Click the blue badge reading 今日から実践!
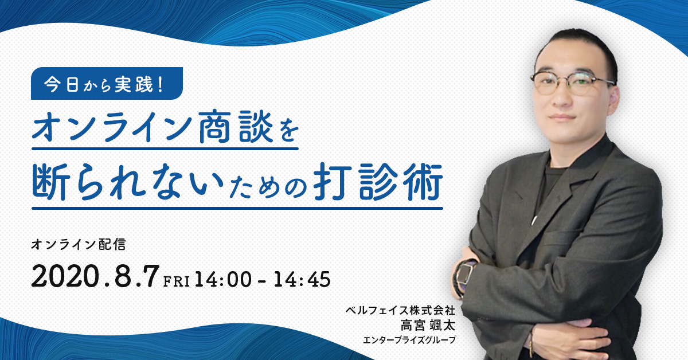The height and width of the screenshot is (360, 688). pyautogui.click(x=107, y=83)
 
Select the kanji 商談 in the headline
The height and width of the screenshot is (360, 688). pyautogui.click(x=236, y=127)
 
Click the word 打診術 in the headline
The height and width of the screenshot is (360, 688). pyautogui.click(x=378, y=182)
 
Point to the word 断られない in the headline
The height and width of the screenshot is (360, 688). pyautogui.click(x=128, y=182)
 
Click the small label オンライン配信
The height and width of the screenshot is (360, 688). pyautogui.click(x=79, y=245)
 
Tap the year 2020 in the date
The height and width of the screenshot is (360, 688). pyautogui.click(x=65, y=276)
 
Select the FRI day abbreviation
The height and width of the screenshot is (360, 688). pyautogui.click(x=177, y=281)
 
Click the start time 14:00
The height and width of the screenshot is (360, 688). pyautogui.click(x=223, y=280)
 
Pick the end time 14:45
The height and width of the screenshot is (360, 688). pyautogui.click(x=302, y=280)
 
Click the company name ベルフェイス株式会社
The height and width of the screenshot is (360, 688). pyautogui.click(x=400, y=310)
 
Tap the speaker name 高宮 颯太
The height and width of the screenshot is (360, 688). pyautogui.click(x=428, y=326)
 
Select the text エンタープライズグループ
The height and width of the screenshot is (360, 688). pyautogui.click(x=409, y=340)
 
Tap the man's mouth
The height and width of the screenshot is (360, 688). pyautogui.click(x=562, y=118)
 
